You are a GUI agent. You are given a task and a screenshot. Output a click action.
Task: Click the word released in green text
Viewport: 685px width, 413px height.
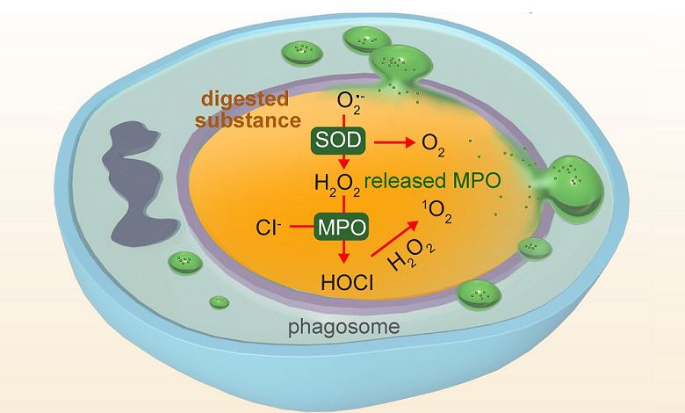tap(400, 182)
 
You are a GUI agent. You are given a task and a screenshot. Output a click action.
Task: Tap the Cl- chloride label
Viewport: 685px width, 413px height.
tap(269, 228)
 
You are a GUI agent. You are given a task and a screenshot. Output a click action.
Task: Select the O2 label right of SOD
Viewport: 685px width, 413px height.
tap(432, 142)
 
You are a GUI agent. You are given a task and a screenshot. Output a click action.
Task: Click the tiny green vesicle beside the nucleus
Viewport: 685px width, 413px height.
tap(184, 261)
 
